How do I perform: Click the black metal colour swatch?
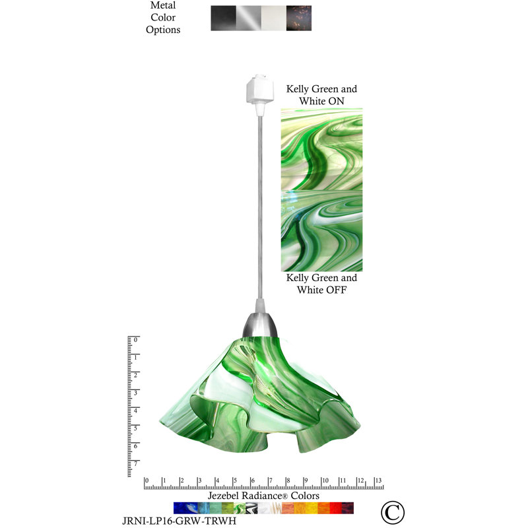pos(223,18)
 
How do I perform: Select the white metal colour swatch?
pos(274,18)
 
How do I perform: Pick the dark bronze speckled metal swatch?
pos(299,18)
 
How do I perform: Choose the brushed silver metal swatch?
pos(249,18)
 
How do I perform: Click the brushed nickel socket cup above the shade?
pos(260,325)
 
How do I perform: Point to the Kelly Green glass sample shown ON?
pos(321,149)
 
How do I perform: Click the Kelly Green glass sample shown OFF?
pos(321,230)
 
